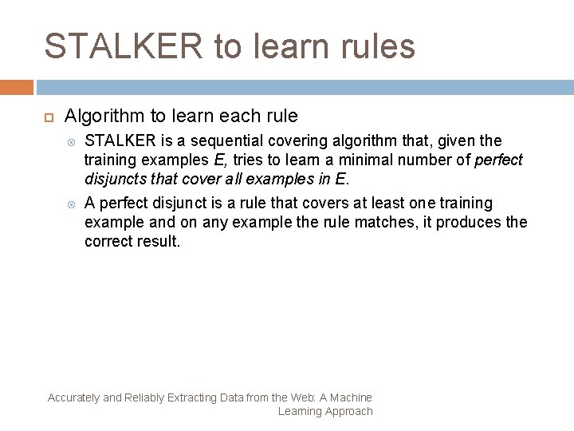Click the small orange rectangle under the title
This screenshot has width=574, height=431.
click(16, 86)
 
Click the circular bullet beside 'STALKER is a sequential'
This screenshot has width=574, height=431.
click(71, 140)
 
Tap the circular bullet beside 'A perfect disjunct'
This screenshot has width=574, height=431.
click(71, 203)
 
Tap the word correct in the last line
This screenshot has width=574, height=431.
click(111, 240)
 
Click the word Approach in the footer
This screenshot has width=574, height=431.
click(346, 411)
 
